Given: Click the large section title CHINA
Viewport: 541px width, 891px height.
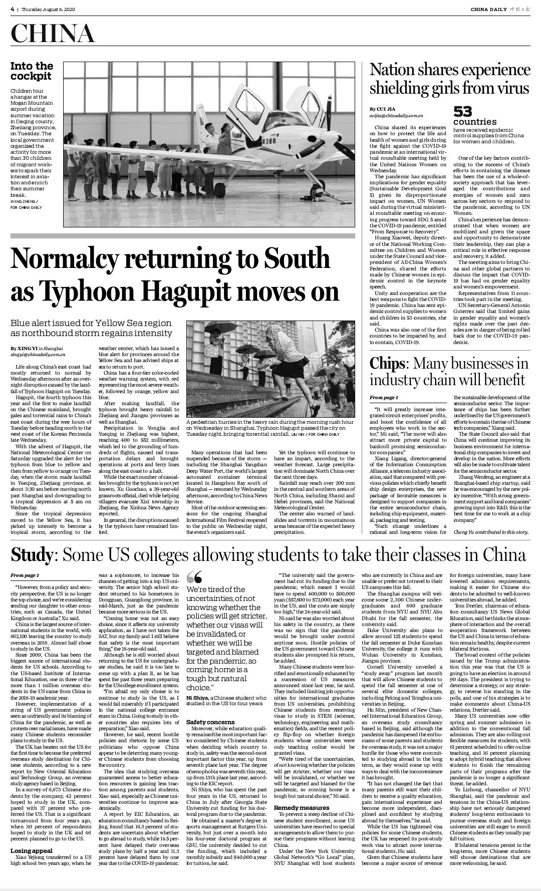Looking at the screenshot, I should pos(53,34).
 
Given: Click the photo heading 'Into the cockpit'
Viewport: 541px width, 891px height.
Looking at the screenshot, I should pos(32,71).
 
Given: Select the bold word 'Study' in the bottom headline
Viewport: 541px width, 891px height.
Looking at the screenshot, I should pos(32,555).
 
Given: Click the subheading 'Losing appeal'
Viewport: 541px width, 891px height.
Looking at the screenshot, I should pos(32,851).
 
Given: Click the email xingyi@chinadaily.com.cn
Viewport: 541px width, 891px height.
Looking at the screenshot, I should pos(38,354).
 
